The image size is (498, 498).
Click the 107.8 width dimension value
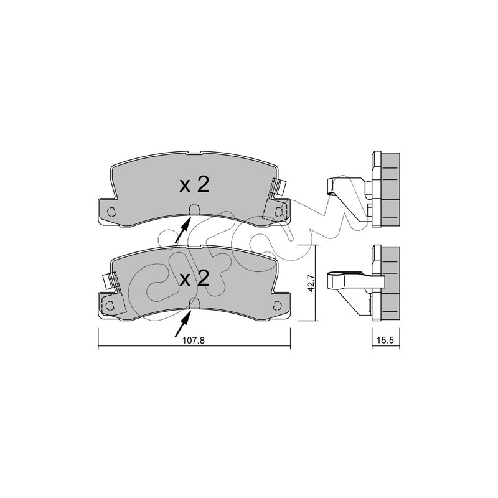(x=194, y=341)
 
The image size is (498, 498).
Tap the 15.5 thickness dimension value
(x=385, y=341)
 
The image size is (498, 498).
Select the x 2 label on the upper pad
(x=194, y=185)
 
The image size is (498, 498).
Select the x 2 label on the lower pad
(x=194, y=278)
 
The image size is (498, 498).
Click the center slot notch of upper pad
(x=194, y=209)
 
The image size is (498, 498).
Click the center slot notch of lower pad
(x=194, y=303)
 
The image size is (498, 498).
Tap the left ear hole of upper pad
(x=111, y=212)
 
